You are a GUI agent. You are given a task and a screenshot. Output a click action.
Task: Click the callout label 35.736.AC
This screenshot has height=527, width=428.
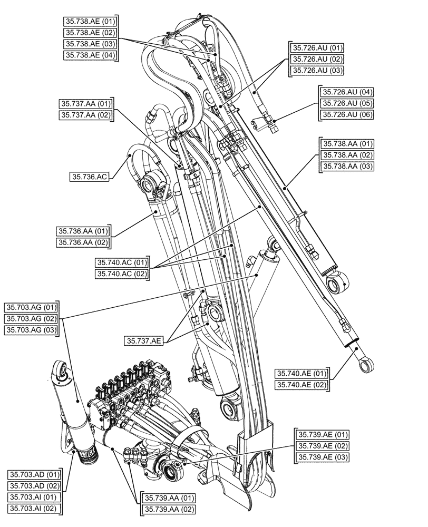pyautogui.click(x=89, y=178)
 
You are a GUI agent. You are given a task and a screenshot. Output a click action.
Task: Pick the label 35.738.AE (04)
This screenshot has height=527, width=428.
pyautogui.click(x=90, y=55)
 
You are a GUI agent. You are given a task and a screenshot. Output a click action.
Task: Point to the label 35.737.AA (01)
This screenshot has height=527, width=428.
pyautogui.click(x=86, y=103)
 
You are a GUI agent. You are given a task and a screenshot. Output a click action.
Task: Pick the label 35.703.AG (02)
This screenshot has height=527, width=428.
pyautogui.click(x=31, y=318)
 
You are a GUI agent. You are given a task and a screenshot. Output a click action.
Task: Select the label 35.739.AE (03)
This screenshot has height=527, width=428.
pyautogui.click(x=322, y=457)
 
